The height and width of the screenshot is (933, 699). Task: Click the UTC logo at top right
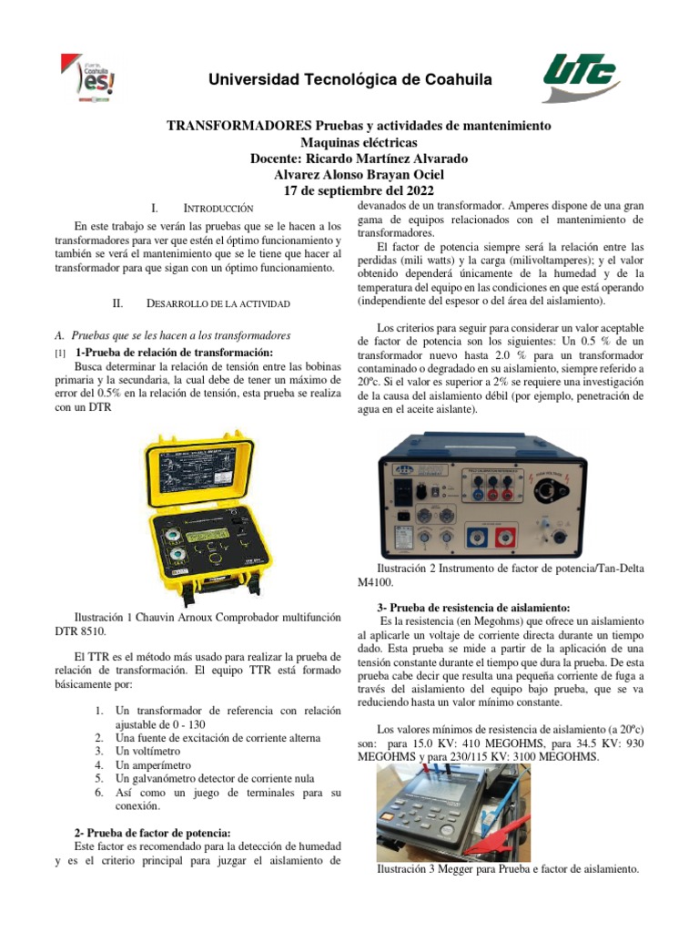[579, 78]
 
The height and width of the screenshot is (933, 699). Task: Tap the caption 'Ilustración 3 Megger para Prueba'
[508, 869]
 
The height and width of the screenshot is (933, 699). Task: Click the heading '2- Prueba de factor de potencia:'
[152, 832]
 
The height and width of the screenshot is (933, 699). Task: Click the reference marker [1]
[60, 353]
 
